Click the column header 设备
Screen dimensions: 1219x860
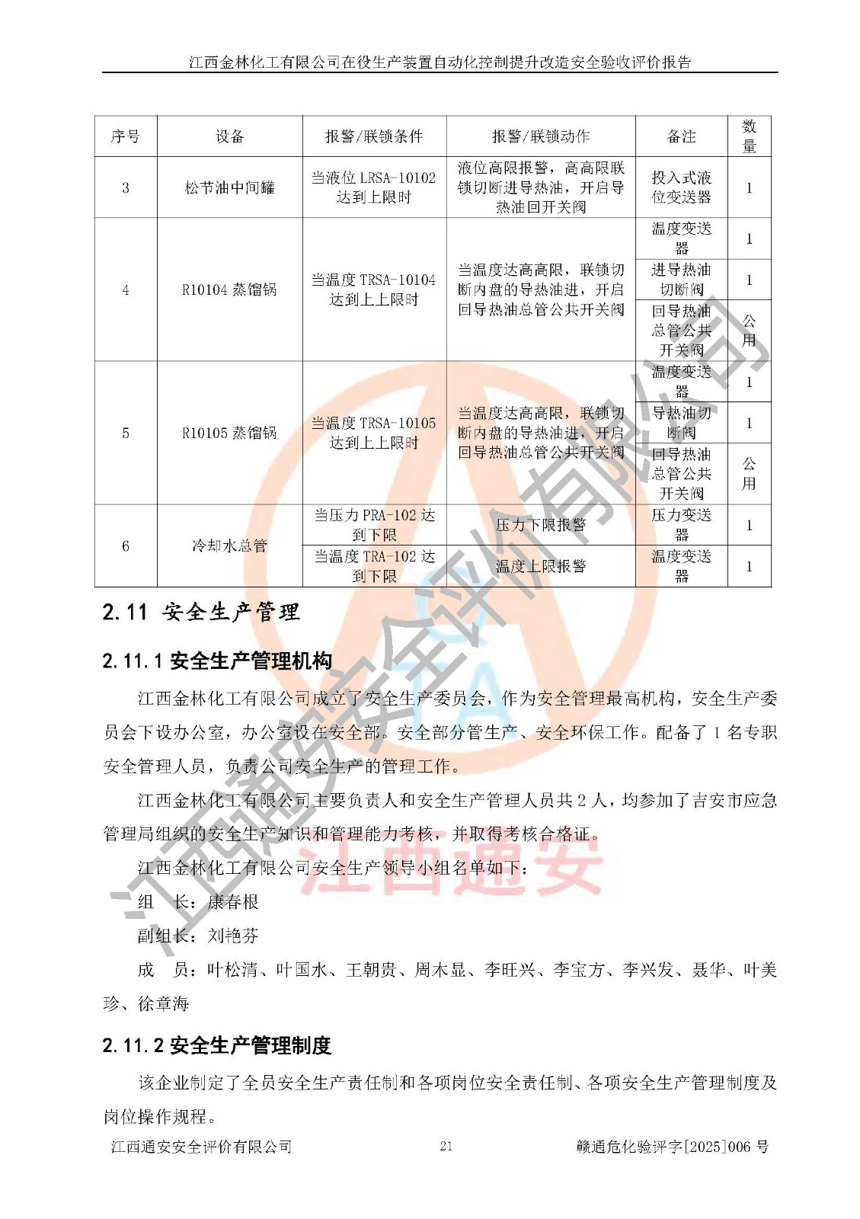pyautogui.click(x=229, y=136)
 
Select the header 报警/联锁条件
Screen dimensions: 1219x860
pyautogui.click(x=373, y=136)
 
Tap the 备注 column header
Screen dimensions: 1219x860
pyautogui.click(x=681, y=136)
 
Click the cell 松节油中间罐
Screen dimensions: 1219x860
pyautogui.click(x=229, y=187)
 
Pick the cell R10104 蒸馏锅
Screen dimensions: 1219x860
pyautogui.click(x=229, y=290)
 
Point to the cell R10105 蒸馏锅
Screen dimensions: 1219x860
pyautogui.click(x=229, y=433)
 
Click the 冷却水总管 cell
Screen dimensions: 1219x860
pyautogui.click(x=229, y=546)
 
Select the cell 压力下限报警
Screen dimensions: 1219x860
pyautogui.click(x=541, y=525)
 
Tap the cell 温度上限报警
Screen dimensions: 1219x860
pyautogui.click(x=541, y=566)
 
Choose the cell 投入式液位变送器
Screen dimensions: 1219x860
pyautogui.click(x=681, y=187)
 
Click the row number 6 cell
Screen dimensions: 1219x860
pyautogui.click(x=126, y=546)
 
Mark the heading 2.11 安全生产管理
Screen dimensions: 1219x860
pyautogui.click(x=201, y=612)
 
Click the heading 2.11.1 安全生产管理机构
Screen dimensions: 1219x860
pyautogui.click(x=217, y=661)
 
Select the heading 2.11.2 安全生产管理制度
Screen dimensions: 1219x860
pyautogui.click(x=217, y=1045)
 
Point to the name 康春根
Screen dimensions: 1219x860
pyautogui.click(x=233, y=902)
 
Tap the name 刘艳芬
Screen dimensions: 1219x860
pyautogui.click(x=233, y=936)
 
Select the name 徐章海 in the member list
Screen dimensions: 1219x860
pyautogui.click(x=163, y=1004)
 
